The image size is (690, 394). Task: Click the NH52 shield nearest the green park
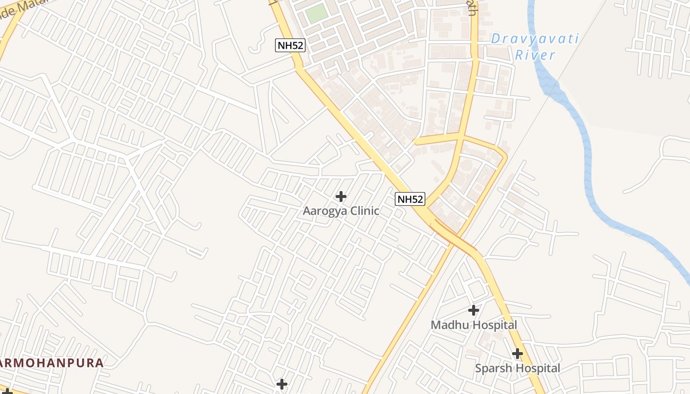coord(290,46)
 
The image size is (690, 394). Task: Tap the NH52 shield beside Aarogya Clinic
coord(410,199)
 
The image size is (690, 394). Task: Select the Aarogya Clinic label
coord(341,211)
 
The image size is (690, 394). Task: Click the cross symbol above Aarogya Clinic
coord(341,197)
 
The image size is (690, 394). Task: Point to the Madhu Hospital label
coord(474,325)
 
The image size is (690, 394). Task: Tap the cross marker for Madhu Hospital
coord(474,310)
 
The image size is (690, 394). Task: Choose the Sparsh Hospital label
coord(517,368)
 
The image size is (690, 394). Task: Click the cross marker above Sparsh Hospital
coord(517,354)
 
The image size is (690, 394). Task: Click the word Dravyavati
coord(535,39)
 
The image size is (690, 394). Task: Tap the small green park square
coord(316,13)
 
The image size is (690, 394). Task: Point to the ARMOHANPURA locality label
coord(52,363)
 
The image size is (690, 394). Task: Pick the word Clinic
coord(363,211)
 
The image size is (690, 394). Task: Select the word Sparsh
coord(491,368)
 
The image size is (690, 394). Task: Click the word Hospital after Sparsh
coord(536,368)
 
